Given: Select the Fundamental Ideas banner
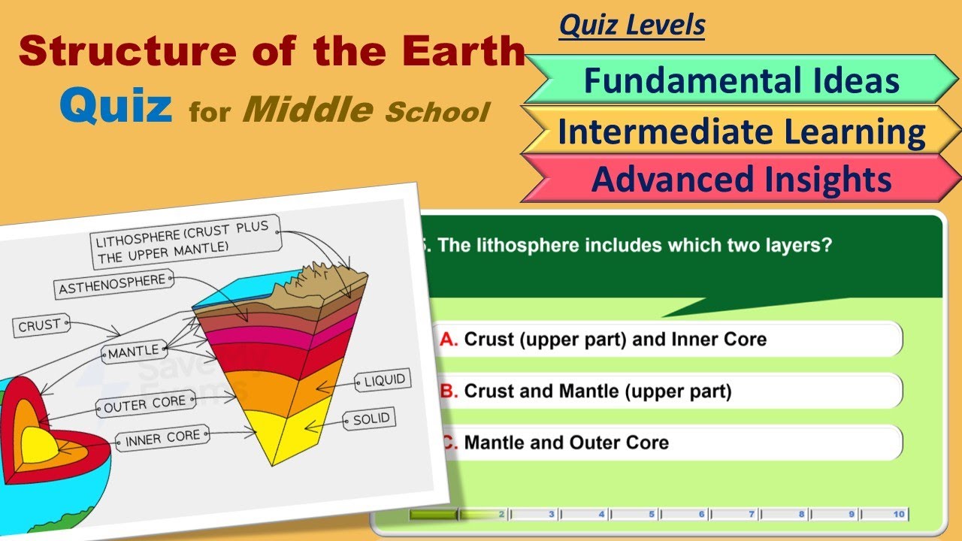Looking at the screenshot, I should (x=741, y=80).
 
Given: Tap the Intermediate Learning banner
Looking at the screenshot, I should (x=741, y=131).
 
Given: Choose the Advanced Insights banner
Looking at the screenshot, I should (x=741, y=179).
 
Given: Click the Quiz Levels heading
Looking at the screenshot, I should (x=632, y=26).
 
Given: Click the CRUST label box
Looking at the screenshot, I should (x=40, y=325).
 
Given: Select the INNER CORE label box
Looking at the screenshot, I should (x=162, y=438).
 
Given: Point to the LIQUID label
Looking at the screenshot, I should (x=384, y=380).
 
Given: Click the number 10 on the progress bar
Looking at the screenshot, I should (x=899, y=515).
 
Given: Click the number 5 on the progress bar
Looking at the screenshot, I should (x=652, y=515).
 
